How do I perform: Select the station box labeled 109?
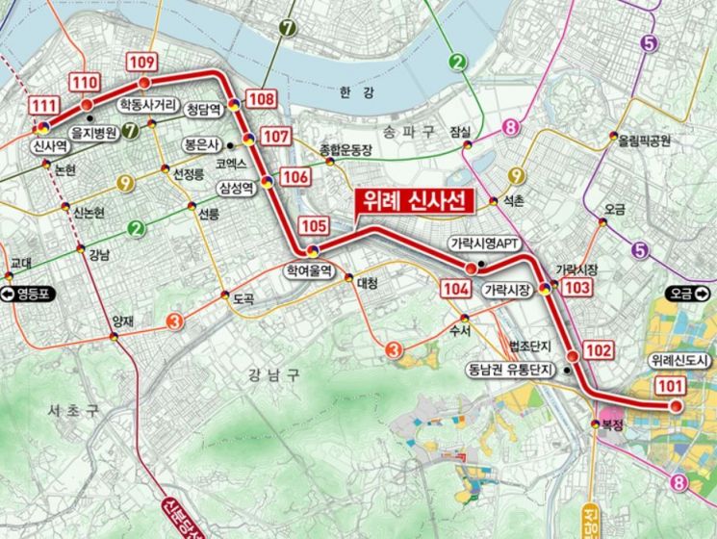[141, 63]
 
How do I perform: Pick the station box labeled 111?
[43, 105]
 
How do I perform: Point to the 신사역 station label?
[48, 147]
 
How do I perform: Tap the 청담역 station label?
[203, 110]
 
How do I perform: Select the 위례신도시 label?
[679, 360]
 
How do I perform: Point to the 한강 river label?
[355, 91]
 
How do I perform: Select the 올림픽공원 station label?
[644, 140]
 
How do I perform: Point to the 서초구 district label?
[73, 411]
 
